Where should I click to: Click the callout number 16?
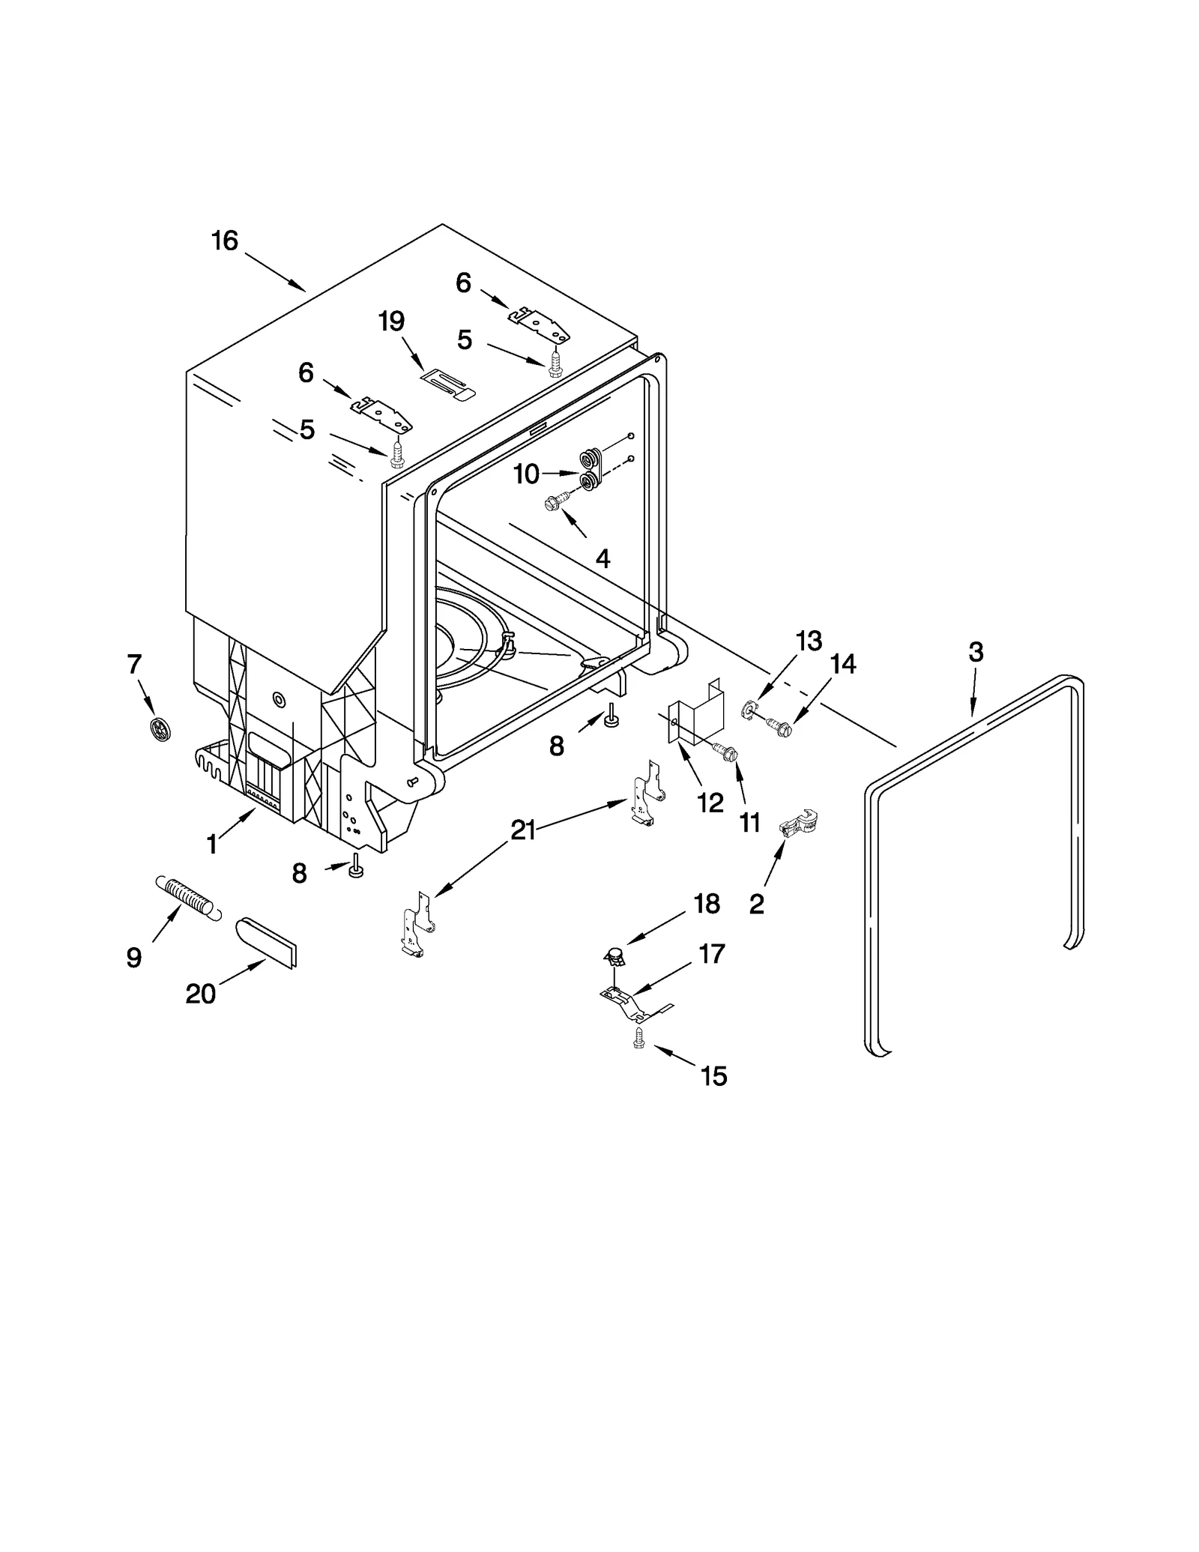224,241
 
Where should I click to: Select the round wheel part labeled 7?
160,728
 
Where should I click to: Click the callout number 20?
200,994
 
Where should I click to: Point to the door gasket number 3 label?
976,652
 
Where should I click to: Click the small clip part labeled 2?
798,824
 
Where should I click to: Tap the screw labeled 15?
638,1038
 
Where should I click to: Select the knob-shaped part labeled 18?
614,955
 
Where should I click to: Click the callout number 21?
522,830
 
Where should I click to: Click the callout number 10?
526,474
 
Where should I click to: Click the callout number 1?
212,845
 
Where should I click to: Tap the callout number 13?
809,641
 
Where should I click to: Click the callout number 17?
711,953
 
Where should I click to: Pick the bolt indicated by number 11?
726,751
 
